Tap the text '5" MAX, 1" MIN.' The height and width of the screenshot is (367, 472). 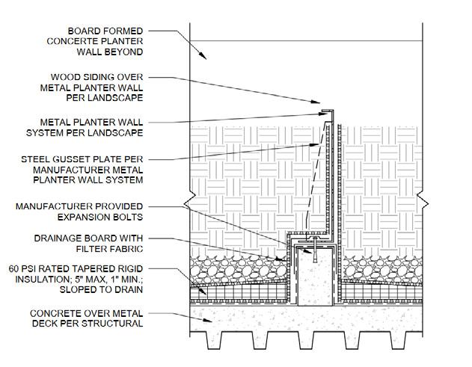[x=112, y=277]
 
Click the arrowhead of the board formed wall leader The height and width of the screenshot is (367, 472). [x=211, y=58]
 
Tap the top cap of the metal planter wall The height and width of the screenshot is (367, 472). [x=328, y=111]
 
